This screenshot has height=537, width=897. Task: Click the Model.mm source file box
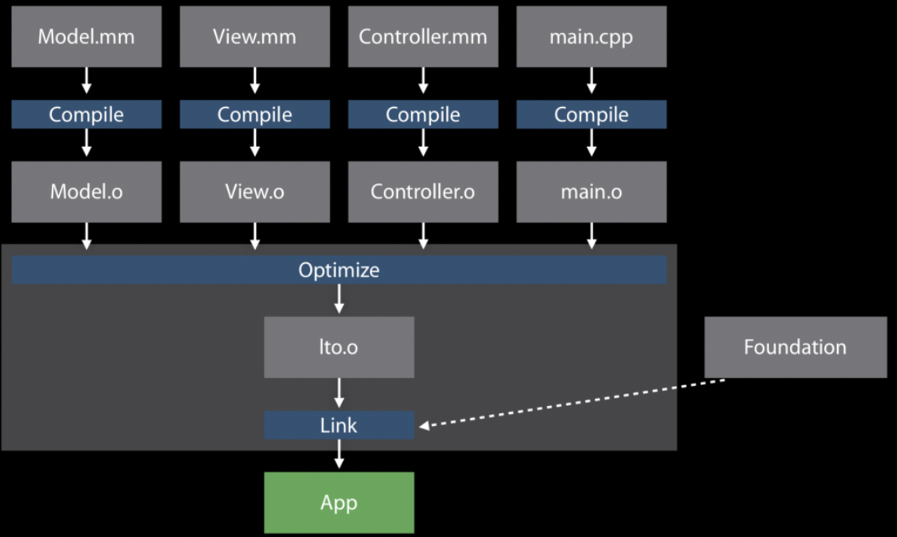coord(86,37)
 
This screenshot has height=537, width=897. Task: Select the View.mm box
coord(254,37)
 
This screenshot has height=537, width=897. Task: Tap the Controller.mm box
coord(423,37)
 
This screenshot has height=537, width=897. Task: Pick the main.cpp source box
coord(592,37)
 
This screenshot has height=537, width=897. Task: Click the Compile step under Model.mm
coord(86,114)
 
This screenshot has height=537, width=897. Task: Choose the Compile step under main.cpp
coord(592,114)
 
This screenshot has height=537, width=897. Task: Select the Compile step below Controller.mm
coord(423,114)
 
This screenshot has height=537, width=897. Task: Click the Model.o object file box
coord(86,192)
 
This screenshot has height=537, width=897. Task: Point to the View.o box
coord(254,192)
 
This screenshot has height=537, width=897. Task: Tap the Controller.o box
coord(423,192)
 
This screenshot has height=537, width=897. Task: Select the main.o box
coord(592,192)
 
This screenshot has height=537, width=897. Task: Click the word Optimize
coord(339,270)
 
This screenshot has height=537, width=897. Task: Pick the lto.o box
coord(339,347)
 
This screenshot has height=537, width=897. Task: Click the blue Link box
coord(339,425)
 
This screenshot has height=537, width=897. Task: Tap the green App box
coord(339,503)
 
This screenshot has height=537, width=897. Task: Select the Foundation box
coord(795,347)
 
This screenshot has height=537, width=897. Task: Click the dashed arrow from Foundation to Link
coord(572,403)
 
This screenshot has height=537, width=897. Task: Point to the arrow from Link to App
coord(339,454)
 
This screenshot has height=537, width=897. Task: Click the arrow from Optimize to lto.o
coord(339,299)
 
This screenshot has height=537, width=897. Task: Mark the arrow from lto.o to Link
coord(339,393)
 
